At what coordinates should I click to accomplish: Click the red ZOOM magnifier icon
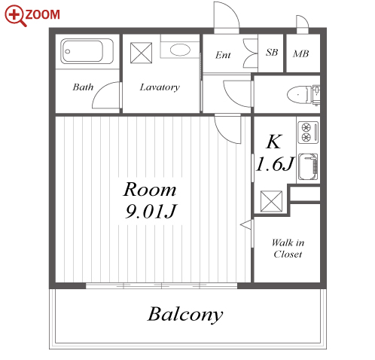[16, 16]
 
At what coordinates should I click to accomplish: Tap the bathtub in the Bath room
[87, 51]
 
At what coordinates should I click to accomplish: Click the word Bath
[83, 87]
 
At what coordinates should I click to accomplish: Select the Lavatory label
[160, 87]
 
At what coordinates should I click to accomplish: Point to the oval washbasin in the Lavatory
[180, 50]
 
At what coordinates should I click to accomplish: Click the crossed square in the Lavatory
[142, 53]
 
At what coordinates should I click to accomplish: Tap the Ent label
[223, 55]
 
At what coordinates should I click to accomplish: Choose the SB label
[272, 52]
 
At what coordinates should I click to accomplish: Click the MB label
[300, 53]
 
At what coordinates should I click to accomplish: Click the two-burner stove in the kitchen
[308, 132]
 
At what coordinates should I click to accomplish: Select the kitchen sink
[308, 166]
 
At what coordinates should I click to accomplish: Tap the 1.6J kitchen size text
[275, 164]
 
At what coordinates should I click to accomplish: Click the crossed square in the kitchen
[271, 201]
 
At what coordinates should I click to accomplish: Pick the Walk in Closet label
[288, 249]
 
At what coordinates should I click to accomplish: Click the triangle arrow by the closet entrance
[246, 224]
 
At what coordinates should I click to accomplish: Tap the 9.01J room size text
[151, 212]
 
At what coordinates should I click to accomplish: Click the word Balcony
[185, 314]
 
